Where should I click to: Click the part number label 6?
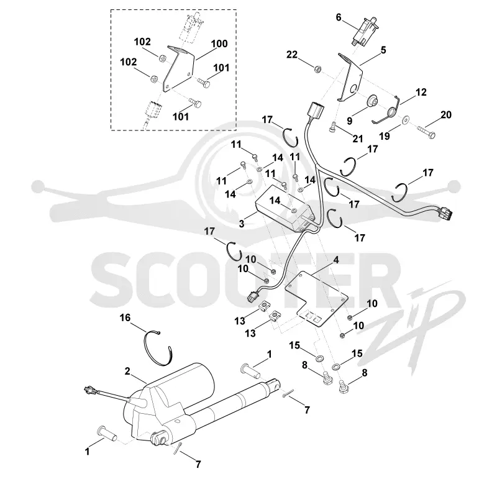(339, 17)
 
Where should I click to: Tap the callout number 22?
(292, 55)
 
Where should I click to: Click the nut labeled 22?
(317, 68)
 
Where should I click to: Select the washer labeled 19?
(405, 121)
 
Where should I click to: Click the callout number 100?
(219, 43)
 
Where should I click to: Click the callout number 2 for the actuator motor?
(127, 371)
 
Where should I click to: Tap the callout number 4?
(336, 260)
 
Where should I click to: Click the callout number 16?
(125, 317)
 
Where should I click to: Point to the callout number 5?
(383, 50)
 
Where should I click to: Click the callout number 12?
(421, 92)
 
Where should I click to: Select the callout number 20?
(445, 115)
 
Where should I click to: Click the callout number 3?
(242, 224)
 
